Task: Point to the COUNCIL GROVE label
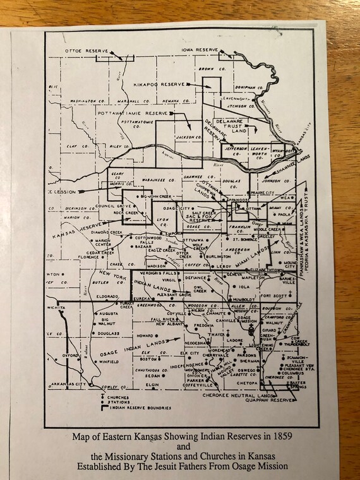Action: pyautogui.click(x=104, y=206)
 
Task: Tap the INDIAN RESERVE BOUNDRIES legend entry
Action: pyautogui.click(x=141, y=408)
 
